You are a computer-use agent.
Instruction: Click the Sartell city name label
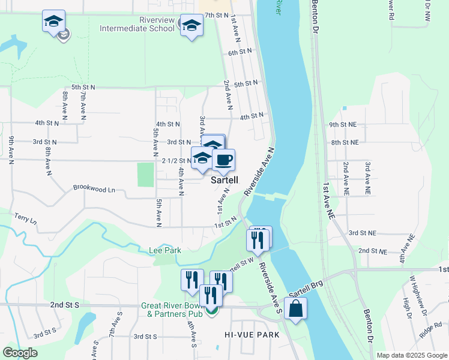point(224,179)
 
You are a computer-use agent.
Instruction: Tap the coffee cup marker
point(223,160)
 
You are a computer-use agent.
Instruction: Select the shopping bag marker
point(296,309)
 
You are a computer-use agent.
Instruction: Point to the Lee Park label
point(165,250)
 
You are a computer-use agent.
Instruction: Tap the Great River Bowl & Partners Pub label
point(173,309)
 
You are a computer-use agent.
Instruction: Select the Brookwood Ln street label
point(94,188)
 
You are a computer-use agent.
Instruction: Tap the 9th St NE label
point(343,125)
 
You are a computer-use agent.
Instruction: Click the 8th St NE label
point(345,143)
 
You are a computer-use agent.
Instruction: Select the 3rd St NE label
point(362,233)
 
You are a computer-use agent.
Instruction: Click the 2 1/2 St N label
point(176,161)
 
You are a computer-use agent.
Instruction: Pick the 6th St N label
point(241,53)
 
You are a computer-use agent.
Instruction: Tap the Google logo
point(20,353)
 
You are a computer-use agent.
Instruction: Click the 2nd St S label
point(65,305)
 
